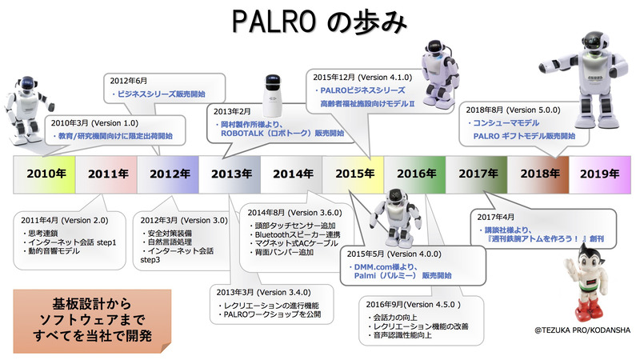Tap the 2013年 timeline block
pos(230,174)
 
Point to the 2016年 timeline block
pos(415,174)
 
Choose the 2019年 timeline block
pos(600,174)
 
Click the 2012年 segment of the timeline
pos(168,174)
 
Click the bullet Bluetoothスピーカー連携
pos(294,234)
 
